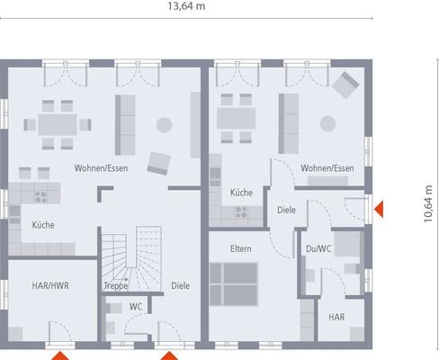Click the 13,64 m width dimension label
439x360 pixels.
pos(185,6)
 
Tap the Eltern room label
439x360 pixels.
pos(240,248)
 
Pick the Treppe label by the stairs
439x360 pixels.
pos(116,285)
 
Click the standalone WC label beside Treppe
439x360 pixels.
pos(136,306)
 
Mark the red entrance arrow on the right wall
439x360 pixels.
pos(381,209)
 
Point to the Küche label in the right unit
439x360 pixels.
pos(240,193)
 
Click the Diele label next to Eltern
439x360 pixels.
pos(286,210)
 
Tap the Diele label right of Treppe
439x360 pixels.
pos(181,285)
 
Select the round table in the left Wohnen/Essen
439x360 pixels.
pos(164,124)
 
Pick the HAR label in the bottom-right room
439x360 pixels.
pos(336,317)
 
